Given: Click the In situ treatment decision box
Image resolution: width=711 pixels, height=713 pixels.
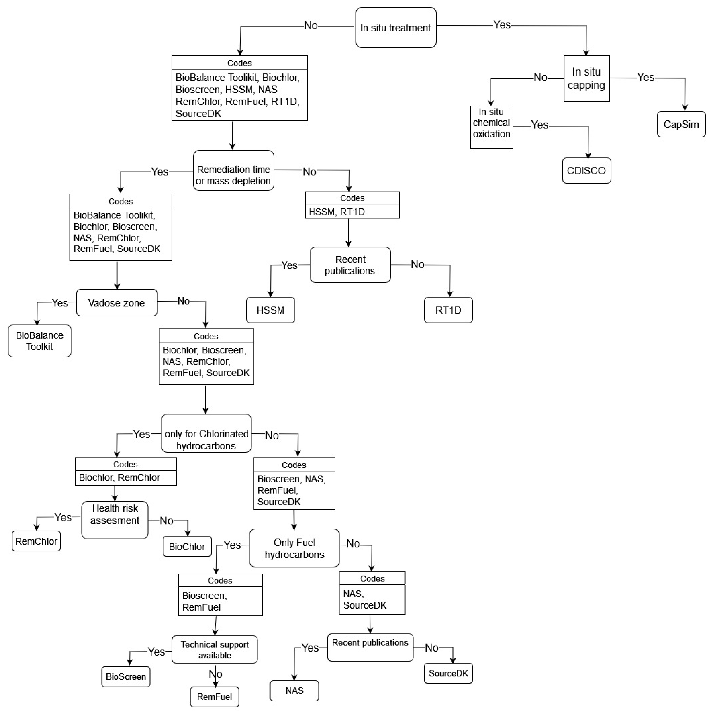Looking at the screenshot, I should point(396,28).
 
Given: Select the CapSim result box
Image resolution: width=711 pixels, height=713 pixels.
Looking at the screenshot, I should point(681,124).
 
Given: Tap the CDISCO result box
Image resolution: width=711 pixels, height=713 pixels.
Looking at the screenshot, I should point(586,170).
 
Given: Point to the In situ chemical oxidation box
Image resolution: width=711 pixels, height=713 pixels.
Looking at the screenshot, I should point(491,127).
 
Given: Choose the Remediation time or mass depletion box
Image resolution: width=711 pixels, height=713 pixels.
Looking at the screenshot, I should point(233,170).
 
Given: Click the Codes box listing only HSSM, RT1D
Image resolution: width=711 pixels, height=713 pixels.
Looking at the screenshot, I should point(352,205).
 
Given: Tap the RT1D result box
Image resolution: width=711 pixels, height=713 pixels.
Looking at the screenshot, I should point(448,310).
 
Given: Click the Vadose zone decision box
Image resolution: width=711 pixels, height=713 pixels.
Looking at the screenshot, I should point(117,303).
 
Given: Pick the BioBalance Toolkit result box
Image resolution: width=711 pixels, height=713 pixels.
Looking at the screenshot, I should point(40,341).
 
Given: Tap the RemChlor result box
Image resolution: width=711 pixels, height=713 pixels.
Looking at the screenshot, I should point(36,541).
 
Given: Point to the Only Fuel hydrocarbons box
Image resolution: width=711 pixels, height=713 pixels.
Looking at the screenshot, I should point(294,548).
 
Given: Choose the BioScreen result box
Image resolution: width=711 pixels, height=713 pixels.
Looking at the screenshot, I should point(126,676).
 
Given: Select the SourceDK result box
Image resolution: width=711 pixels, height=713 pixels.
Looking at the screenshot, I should point(448,673).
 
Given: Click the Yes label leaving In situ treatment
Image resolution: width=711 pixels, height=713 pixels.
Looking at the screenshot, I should point(502,25).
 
